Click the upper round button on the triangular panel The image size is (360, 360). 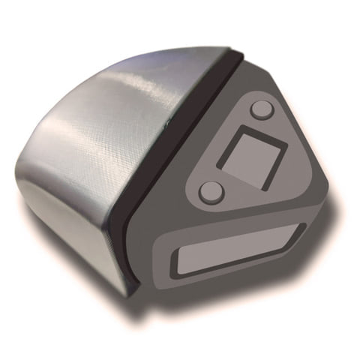261,109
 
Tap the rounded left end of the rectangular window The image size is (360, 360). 178,264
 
